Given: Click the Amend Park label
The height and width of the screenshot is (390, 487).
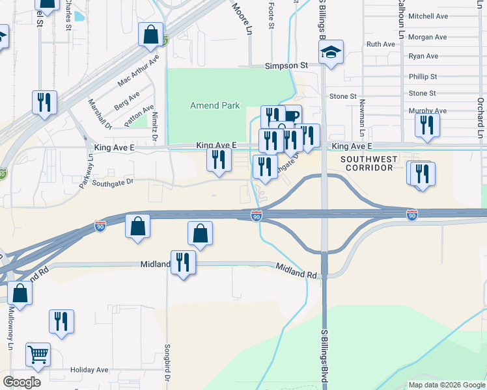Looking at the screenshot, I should [x=215, y=105].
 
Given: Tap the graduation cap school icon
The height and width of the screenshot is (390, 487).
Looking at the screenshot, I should [x=331, y=51].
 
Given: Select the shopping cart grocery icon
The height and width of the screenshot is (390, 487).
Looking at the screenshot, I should [x=38, y=354].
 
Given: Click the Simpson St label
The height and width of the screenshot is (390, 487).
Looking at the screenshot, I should [x=286, y=66].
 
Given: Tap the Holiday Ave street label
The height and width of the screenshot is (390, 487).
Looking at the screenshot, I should [x=89, y=370].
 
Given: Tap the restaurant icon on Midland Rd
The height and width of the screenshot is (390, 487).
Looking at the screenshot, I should [x=183, y=263].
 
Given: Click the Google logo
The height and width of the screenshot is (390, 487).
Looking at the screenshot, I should [x=21, y=382].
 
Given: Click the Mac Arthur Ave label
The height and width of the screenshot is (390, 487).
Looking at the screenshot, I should [x=138, y=71].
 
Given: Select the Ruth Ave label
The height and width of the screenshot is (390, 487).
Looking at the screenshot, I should [x=381, y=44].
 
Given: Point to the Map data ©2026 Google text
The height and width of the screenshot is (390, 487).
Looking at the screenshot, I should [x=447, y=385].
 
